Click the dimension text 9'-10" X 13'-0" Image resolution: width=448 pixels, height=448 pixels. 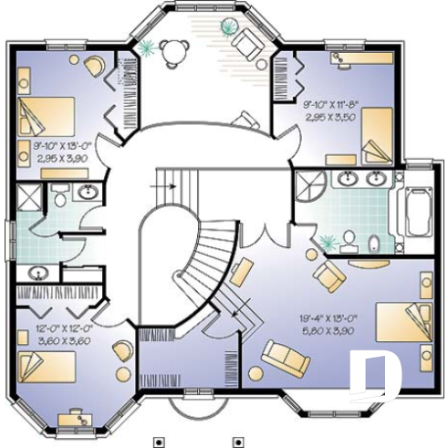(x=58, y=146)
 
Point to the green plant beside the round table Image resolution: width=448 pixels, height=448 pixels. (x=146, y=46)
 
